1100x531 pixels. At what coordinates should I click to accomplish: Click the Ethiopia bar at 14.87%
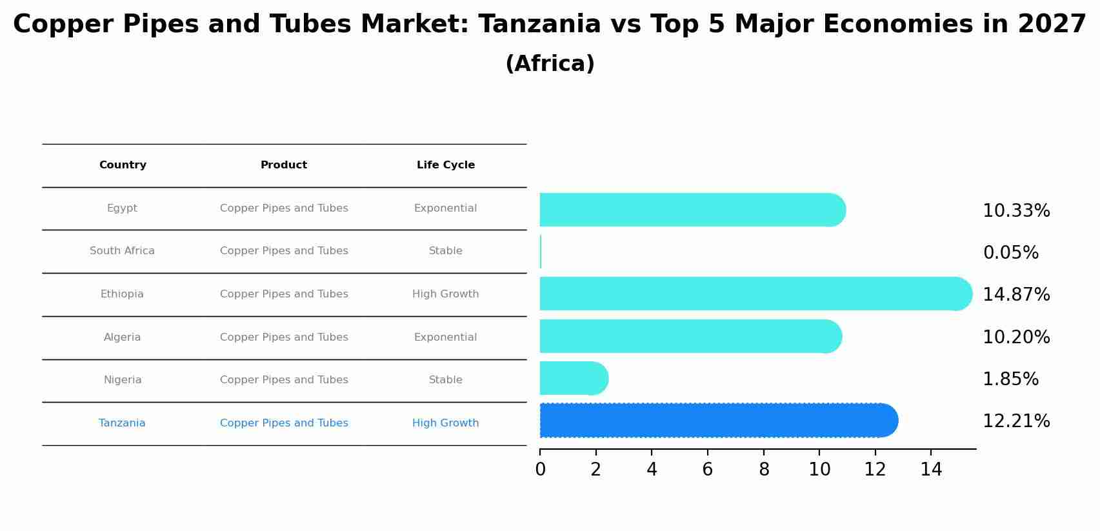(755, 294)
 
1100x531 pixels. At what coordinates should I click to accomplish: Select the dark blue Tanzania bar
(718, 420)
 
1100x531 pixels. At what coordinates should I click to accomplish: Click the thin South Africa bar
(541, 252)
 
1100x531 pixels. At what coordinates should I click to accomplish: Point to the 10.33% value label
(1016, 211)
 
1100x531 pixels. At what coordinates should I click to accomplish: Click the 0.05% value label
(1010, 253)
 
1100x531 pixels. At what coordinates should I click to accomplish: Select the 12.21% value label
(1016, 421)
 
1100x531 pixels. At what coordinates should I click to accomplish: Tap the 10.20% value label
(1016, 337)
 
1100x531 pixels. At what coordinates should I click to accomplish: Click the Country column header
(123, 165)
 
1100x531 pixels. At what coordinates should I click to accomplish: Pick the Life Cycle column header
(445, 165)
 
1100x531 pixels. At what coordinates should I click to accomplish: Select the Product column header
(284, 165)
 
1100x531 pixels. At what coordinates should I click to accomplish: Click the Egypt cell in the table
(122, 208)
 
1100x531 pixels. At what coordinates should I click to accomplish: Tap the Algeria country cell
(122, 337)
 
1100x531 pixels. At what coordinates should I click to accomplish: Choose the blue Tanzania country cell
(122, 423)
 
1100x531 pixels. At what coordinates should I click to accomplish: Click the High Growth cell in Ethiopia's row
(445, 294)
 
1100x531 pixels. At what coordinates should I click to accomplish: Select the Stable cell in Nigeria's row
(445, 380)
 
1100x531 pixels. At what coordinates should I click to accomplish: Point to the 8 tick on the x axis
(764, 470)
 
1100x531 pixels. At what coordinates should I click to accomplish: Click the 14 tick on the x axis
(931, 470)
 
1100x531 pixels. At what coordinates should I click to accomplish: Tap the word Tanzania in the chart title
(539, 25)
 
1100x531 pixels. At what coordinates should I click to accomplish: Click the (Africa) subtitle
(550, 64)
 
